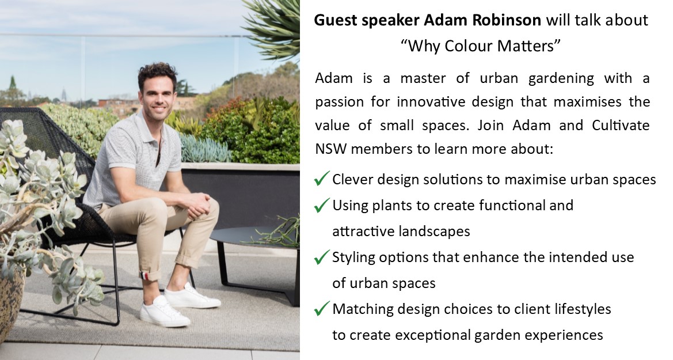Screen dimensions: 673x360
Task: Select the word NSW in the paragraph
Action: [x=331, y=149]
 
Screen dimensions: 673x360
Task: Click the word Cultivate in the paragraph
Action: [x=621, y=126]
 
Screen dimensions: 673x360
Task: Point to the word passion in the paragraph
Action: [x=340, y=103]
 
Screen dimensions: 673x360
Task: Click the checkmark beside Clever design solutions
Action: [x=321, y=179]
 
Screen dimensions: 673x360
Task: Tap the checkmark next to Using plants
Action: [x=321, y=205]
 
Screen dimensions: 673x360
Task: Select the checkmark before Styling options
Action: [x=321, y=257]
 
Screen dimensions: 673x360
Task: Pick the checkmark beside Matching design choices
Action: [x=321, y=309]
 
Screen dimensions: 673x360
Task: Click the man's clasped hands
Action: [x=198, y=204]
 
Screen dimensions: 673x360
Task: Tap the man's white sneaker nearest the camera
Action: [x=164, y=312]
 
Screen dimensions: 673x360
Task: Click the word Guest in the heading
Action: [x=336, y=20]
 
